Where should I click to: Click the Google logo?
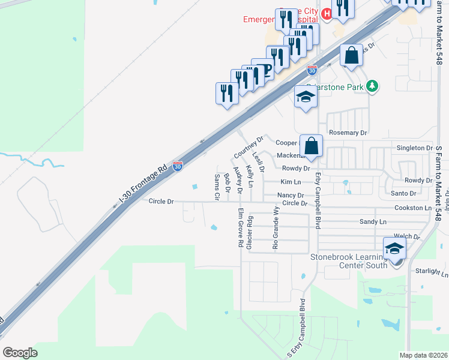tap(20, 353)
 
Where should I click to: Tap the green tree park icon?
tap(373, 86)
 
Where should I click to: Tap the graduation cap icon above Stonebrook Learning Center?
tap(394, 248)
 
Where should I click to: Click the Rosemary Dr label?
tap(348, 132)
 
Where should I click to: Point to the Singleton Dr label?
tap(415, 148)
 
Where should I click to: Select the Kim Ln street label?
tap(290, 182)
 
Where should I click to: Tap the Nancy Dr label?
tap(291, 196)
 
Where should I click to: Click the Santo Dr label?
tap(403, 193)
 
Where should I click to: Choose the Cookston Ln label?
tap(413, 208)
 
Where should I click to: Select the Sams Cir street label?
tap(217, 187)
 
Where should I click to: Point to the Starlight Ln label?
tap(432, 272)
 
